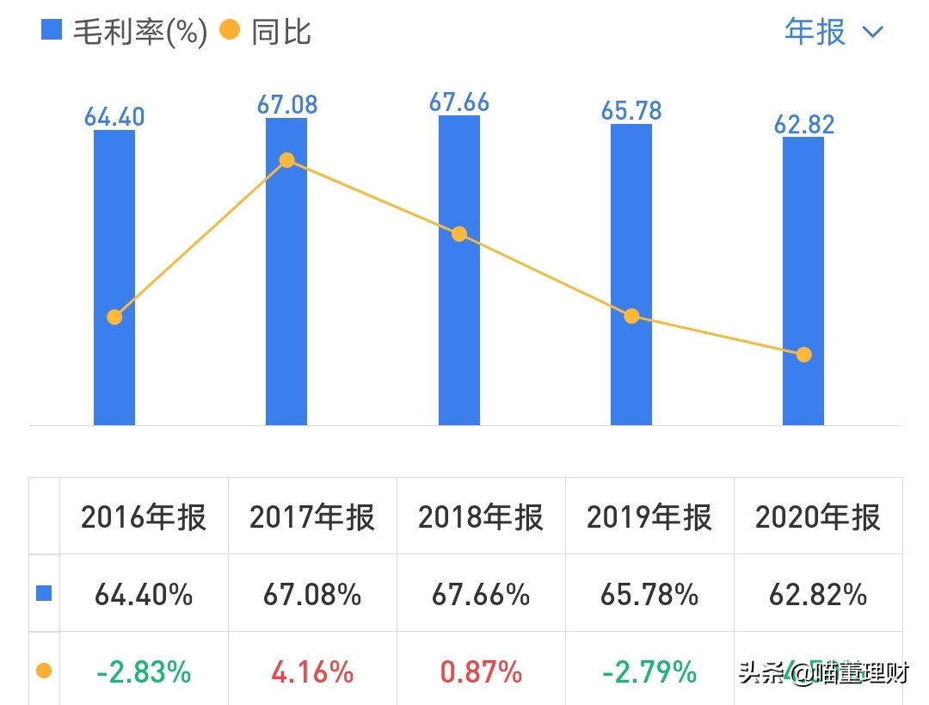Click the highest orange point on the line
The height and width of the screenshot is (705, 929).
(x=287, y=160)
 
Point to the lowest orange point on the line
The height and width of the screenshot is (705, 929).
(x=803, y=355)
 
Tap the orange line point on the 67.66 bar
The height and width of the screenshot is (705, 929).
(x=459, y=234)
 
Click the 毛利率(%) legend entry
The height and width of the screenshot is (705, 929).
(x=126, y=32)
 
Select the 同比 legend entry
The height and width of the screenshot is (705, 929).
(x=266, y=32)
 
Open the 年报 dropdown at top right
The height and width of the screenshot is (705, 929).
(x=834, y=32)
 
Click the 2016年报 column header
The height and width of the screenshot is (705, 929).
(x=144, y=517)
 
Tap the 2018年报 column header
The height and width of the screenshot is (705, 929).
(x=481, y=517)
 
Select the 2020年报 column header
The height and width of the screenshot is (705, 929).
(x=818, y=517)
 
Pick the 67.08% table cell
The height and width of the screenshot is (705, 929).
(x=312, y=594)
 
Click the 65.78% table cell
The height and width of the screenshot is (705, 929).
(x=649, y=594)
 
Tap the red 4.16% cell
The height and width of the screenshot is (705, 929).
(x=312, y=671)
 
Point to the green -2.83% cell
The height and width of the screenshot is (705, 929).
(x=144, y=671)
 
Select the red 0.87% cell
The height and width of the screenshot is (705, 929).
(x=481, y=671)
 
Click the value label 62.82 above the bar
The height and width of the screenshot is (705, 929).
(x=804, y=124)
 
